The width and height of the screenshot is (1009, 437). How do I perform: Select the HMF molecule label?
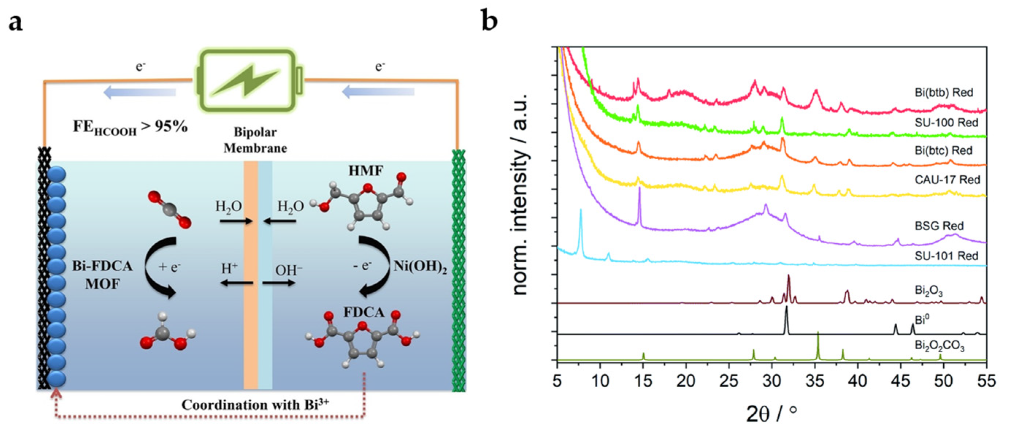[x=366, y=171]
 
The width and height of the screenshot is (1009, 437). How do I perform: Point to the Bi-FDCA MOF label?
[x=102, y=275]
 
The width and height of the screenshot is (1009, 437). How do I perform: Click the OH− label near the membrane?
[x=289, y=270]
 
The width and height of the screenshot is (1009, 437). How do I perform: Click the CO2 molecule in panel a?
[x=170, y=209]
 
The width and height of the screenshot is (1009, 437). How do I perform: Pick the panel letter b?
[x=489, y=22]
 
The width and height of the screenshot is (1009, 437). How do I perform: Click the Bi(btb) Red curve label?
[x=944, y=93]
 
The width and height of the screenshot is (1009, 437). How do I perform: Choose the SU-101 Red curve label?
[x=946, y=256]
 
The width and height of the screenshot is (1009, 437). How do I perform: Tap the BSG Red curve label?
[x=939, y=226]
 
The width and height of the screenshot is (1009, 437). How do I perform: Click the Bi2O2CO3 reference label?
[x=939, y=346]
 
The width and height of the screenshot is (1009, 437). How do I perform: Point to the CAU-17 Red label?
[x=947, y=180]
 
